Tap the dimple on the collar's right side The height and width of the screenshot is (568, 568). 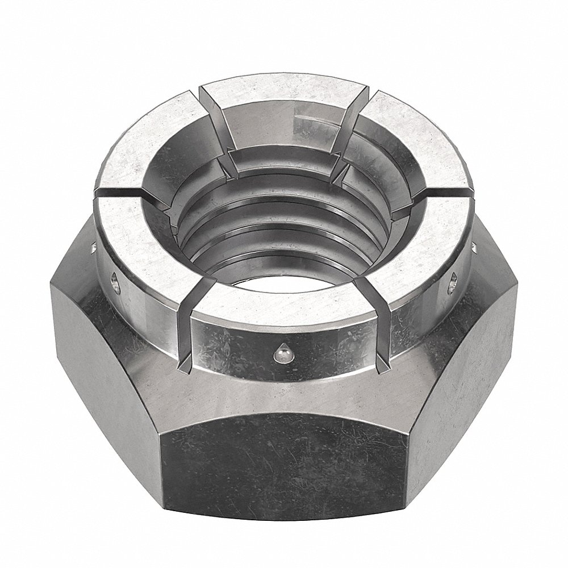pos(453,282)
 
